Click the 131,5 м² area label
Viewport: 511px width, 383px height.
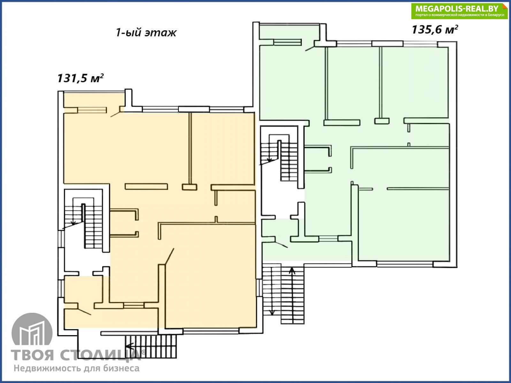click(x=80, y=79)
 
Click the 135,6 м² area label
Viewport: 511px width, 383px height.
click(x=435, y=30)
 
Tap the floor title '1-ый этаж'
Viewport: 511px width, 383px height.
click(x=146, y=33)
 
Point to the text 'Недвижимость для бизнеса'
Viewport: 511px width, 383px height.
click(x=77, y=368)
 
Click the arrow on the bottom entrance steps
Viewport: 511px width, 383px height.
click(x=130, y=347)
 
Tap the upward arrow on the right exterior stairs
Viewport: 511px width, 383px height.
click(x=292, y=271)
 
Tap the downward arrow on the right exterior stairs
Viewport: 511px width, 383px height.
click(x=272, y=312)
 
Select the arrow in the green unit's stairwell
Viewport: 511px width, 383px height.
click(x=269, y=160)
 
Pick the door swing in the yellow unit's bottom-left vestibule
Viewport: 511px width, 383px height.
click(x=84, y=312)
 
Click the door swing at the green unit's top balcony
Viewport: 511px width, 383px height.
click(x=310, y=48)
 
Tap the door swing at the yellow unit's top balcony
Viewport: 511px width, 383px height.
click(x=115, y=114)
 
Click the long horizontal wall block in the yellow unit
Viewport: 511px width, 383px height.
click(x=146, y=186)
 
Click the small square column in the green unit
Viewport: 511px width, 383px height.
click(x=382, y=121)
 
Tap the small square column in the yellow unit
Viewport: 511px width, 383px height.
click(x=189, y=187)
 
